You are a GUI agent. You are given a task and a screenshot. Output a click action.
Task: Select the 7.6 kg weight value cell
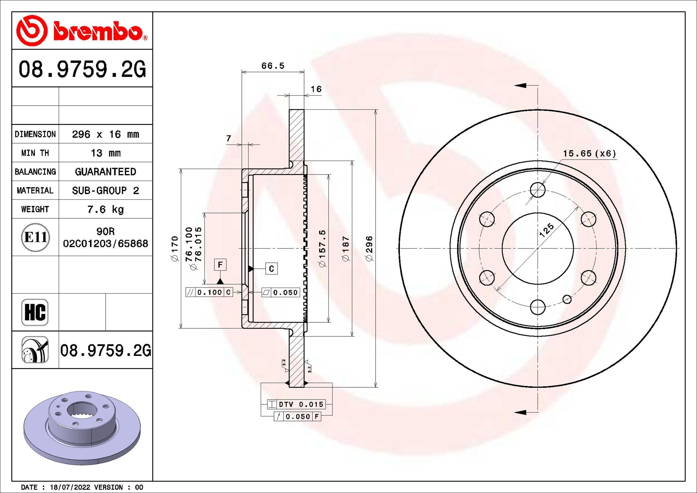tap(105, 209)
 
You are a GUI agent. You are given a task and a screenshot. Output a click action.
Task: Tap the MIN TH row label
tap(35, 153)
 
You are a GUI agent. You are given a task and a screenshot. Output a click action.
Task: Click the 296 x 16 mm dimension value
tap(105, 134)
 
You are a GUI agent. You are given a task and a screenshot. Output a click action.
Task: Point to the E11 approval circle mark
tap(35, 237)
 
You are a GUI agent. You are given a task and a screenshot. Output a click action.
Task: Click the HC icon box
tap(35, 312)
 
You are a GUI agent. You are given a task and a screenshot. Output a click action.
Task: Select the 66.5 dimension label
tap(273, 66)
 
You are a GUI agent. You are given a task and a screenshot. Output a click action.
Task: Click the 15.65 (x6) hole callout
tap(589, 153)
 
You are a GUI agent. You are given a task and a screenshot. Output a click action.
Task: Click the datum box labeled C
tap(271, 269)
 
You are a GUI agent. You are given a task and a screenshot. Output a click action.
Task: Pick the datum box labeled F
tap(220, 265)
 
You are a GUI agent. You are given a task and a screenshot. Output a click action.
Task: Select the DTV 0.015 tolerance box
tap(296, 404)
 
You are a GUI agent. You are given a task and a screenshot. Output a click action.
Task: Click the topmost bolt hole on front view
tap(538, 190)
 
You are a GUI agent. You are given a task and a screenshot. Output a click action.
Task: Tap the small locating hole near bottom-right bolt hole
tap(567, 300)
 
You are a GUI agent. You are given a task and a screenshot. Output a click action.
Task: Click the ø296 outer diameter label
tap(369, 248)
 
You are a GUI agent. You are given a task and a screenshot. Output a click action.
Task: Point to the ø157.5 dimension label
tap(322, 248)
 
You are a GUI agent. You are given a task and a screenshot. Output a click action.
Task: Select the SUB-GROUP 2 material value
tap(105, 191)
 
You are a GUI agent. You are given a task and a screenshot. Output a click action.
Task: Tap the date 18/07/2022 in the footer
tap(70, 487)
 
